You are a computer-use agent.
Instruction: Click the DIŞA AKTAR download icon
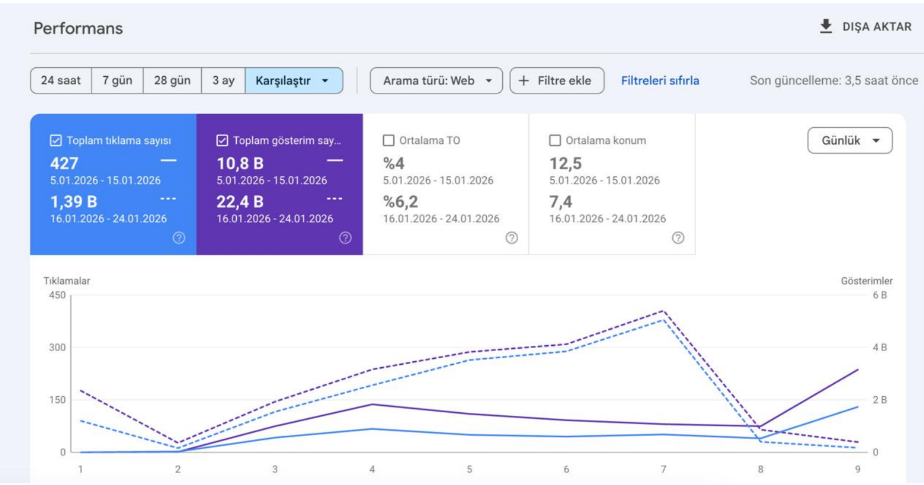coord(825,26)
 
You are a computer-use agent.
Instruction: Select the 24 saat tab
coord(61,80)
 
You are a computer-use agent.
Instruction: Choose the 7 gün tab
coord(117,80)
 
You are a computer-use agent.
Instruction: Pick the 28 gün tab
coord(172,80)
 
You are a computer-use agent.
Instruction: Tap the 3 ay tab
coord(223,80)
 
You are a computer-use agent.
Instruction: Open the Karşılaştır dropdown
coord(294,80)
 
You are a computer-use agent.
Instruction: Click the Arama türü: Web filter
coord(436,80)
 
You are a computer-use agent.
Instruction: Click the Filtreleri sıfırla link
coord(660,80)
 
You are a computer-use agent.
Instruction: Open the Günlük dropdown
coord(850,140)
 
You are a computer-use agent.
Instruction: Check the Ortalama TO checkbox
coord(389,140)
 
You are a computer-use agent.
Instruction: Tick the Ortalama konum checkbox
coord(555,140)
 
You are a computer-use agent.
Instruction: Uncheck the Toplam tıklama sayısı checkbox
coord(56,140)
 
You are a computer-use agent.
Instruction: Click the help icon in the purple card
coord(345,237)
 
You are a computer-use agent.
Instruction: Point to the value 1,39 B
coord(74,202)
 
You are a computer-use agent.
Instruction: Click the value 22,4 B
coord(240,202)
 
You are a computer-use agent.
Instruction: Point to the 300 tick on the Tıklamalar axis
coord(57,348)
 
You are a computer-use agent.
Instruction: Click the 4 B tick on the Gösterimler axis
coord(879,348)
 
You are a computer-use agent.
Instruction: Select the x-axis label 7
coord(663,470)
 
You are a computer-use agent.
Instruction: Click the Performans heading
coord(78,28)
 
